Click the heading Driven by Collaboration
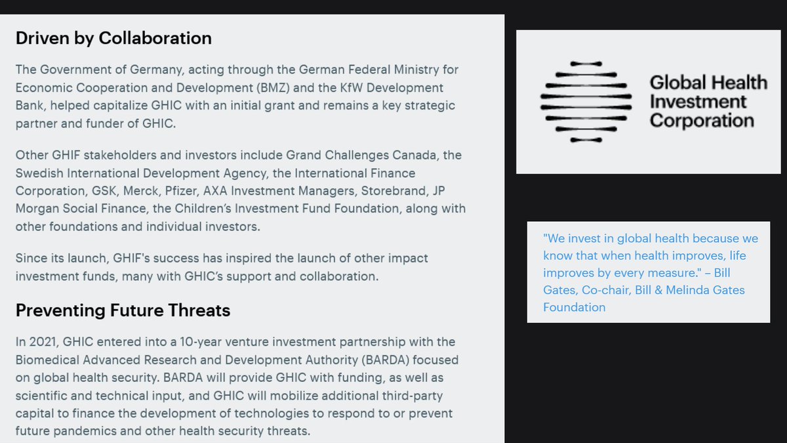[113, 39]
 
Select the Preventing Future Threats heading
[123, 310]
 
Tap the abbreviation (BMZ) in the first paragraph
[273, 88]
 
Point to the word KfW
[351, 87]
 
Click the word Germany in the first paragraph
[157, 70]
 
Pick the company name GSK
[104, 191]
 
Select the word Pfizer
[182, 191]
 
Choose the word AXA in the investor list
[215, 191]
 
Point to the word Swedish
[39, 173]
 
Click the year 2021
[43, 342]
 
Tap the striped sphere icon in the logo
[586, 102]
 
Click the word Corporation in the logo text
[702, 121]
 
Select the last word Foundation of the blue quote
[574, 308]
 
